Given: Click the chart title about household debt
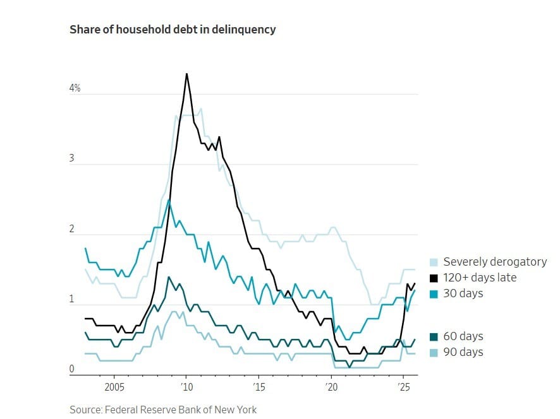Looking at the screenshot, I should (x=173, y=30).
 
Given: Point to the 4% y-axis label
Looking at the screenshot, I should (x=75, y=88).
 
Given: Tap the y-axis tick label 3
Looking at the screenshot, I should (x=71, y=158).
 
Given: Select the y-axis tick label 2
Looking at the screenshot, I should (x=71, y=229).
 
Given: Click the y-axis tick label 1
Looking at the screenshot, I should (x=71, y=299).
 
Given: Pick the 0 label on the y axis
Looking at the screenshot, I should (x=71, y=369).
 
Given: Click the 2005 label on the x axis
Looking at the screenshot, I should (x=114, y=386).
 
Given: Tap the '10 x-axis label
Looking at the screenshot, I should (x=185, y=386).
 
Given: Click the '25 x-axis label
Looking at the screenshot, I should (x=403, y=386).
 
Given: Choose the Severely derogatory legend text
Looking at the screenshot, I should (x=495, y=262).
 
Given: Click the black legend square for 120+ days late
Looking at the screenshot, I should (x=434, y=278).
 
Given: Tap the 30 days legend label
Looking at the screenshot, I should (x=463, y=293).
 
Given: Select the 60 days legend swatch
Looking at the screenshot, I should (x=434, y=336).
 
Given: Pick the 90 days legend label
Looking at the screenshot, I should (x=463, y=352).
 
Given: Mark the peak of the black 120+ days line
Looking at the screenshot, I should (x=186, y=74).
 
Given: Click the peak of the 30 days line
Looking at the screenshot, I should (x=169, y=200).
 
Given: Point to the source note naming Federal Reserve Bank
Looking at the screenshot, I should (x=163, y=410).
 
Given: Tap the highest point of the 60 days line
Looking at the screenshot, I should (x=169, y=277).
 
